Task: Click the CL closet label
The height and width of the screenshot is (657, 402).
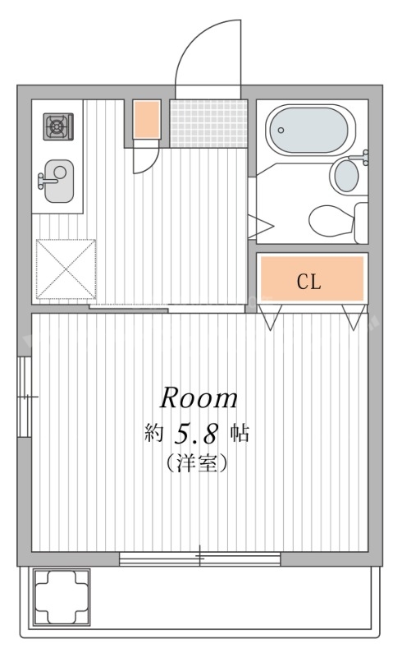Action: pos(309,282)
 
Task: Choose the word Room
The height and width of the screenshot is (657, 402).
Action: pos(199,398)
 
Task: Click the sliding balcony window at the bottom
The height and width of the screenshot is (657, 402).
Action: pos(199,559)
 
